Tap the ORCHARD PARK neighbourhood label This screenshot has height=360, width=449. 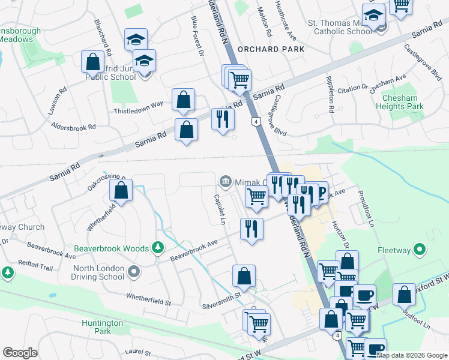point(271,49)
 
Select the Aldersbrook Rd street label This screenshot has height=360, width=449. point(73,127)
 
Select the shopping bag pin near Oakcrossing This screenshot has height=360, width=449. point(121,191)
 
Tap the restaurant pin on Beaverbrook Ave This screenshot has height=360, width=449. point(252,229)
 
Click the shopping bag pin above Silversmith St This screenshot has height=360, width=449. point(244,276)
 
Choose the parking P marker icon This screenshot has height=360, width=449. point(321,192)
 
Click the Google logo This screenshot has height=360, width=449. point(20,353)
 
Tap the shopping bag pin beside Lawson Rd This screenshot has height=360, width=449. point(92,61)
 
